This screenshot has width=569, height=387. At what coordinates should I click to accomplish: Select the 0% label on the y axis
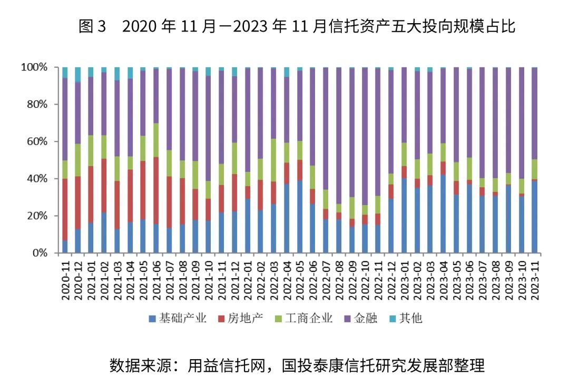pyautogui.click(x=40, y=253)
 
